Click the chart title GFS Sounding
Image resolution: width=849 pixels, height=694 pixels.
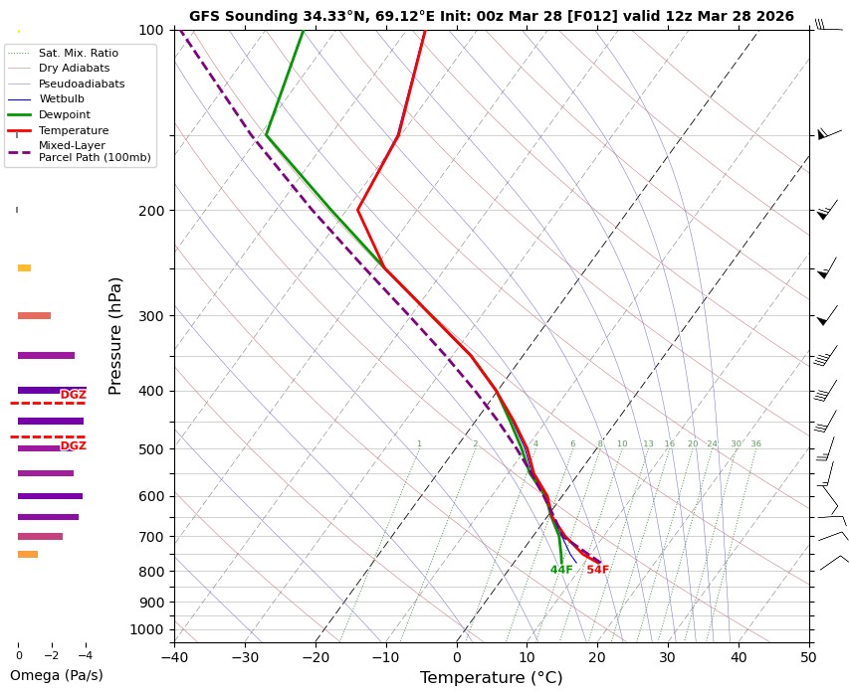(x=491, y=17)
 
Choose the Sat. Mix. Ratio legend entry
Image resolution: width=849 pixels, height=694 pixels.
(x=78, y=53)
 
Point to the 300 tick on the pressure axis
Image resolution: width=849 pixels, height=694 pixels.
(x=150, y=316)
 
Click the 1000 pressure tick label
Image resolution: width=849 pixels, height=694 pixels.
(x=146, y=629)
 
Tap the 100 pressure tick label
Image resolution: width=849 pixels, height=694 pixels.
(x=150, y=30)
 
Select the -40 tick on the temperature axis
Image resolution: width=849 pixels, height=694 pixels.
(x=174, y=657)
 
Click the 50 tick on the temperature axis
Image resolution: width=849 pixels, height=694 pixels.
(x=809, y=657)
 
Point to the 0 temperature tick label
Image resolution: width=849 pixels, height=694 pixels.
(x=457, y=657)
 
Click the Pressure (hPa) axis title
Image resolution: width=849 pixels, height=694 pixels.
(x=115, y=335)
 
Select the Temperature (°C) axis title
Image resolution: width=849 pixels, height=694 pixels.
(x=491, y=678)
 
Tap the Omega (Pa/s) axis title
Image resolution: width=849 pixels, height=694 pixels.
(x=56, y=676)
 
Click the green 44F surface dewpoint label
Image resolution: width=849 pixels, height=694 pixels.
(x=561, y=570)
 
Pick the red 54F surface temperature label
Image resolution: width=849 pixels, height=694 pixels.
(x=597, y=570)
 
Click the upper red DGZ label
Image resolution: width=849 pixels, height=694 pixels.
(x=74, y=395)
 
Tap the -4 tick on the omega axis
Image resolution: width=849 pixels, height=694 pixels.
(x=85, y=656)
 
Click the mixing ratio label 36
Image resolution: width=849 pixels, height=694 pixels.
(x=755, y=444)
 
